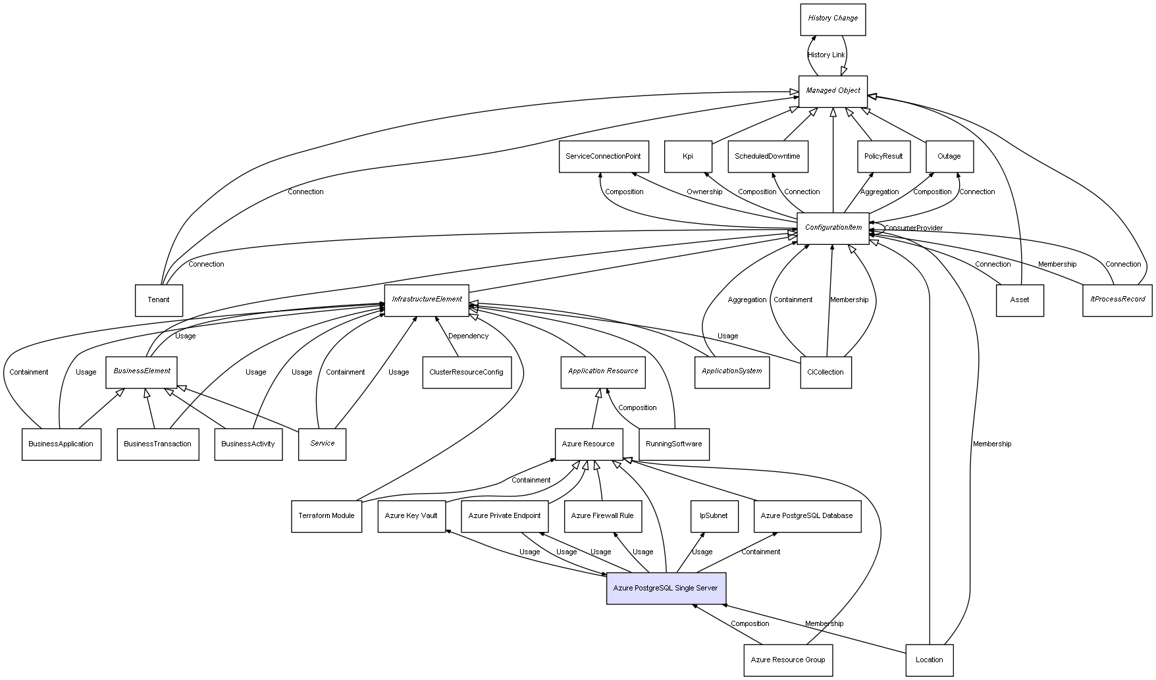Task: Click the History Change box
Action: (833, 19)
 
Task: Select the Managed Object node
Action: (833, 91)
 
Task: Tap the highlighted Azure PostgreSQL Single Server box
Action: (666, 588)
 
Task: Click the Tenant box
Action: (159, 300)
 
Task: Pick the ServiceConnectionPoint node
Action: (604, 157)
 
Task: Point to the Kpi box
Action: (688, 157)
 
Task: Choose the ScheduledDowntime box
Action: (768, 157)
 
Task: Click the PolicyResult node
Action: (883, 157)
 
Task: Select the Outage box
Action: (949, 157)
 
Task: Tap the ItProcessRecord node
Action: (1117, 300)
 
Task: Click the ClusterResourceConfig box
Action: (466, 372)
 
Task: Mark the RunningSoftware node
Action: (673, 444)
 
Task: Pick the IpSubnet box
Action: (714, 515)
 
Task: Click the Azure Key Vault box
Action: (411, 515)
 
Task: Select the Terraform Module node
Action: (326, 516)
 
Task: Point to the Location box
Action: (929, 660)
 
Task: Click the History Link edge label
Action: (826, 55)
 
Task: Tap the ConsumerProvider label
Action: (913, 228)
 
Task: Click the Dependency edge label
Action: (468, 336)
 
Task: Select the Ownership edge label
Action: (704, 192)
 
